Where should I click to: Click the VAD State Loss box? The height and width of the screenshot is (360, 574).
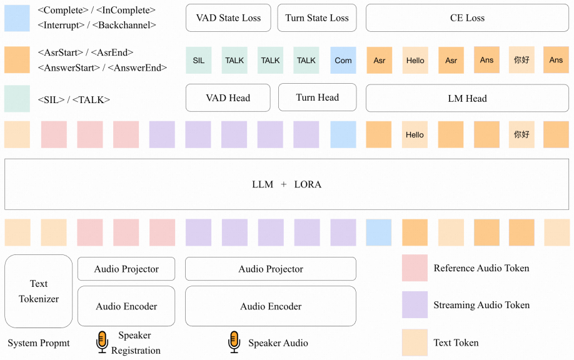pos(228,18)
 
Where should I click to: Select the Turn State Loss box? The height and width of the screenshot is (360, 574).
pos(317,18)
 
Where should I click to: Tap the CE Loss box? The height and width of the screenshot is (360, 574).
pos(467,18)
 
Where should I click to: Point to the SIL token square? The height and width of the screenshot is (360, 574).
pos(198,61)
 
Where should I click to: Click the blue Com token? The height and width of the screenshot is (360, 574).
pos(343,61)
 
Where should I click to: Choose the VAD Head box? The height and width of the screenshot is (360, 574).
pos(228,97)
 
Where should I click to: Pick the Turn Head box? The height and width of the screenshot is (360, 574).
pos(318,97)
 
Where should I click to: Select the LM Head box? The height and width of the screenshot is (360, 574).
pos(467,98)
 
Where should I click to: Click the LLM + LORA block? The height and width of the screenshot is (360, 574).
pos(286,184)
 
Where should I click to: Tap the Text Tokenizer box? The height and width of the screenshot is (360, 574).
pos(38,291)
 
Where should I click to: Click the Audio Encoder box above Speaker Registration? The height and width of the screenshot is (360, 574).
pos(126,306)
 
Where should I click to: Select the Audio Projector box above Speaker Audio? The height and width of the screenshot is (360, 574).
pos(271,269)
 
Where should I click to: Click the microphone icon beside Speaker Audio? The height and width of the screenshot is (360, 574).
pos(234,342)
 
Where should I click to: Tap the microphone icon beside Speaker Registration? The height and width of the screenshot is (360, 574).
pos(102,342)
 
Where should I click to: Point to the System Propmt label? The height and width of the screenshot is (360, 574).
pos(38,343)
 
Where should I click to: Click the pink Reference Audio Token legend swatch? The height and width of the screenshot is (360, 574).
pos(415,267)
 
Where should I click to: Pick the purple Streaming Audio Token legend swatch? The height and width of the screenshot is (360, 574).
pos(415,305)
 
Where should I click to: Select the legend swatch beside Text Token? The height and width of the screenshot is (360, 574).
pos(415,342)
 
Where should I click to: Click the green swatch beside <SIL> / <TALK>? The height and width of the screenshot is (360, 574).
pos(17,99)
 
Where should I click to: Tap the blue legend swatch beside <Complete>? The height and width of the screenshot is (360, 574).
pos(17,18)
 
